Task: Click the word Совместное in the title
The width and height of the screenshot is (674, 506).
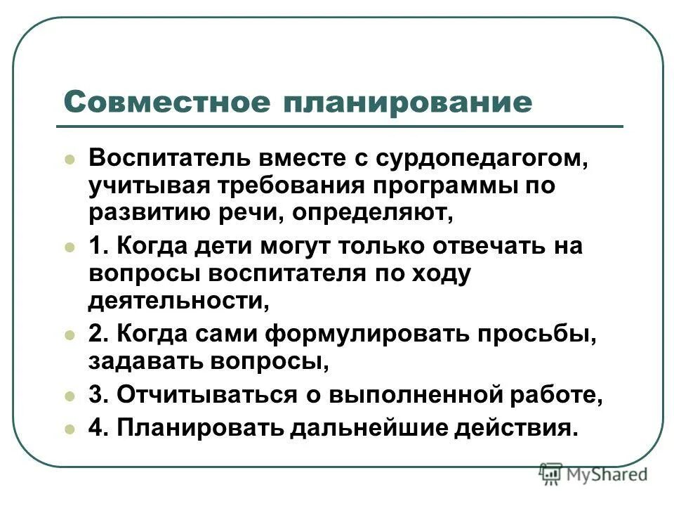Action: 166,102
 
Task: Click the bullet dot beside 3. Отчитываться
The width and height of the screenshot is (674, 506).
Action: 69,396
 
